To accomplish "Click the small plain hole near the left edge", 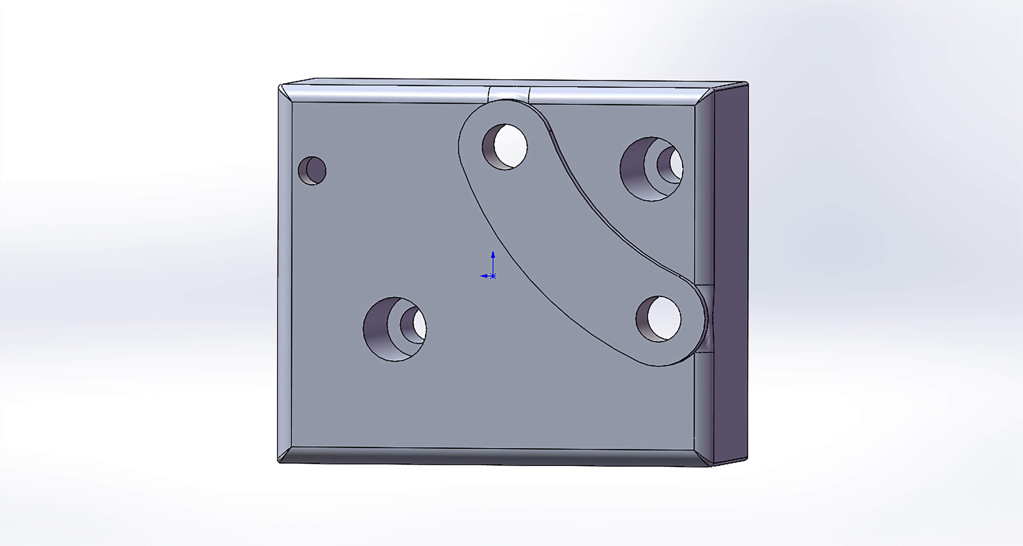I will [312, 170].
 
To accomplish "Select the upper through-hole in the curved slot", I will [505, 147].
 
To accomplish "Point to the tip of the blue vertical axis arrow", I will [493, 252].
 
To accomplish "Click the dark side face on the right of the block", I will [731, 274].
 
